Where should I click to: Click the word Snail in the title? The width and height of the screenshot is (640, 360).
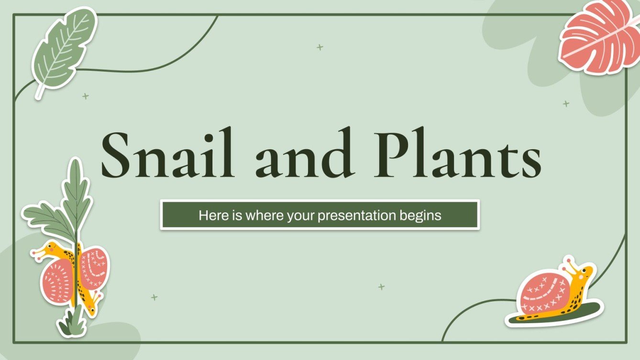[x=167, y=152]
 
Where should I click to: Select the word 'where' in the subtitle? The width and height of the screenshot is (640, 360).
[x=265, y=216]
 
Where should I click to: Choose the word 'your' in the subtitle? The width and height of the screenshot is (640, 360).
[x=301, y=216]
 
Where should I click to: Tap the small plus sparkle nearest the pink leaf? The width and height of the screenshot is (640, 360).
[x=566, y=103]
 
